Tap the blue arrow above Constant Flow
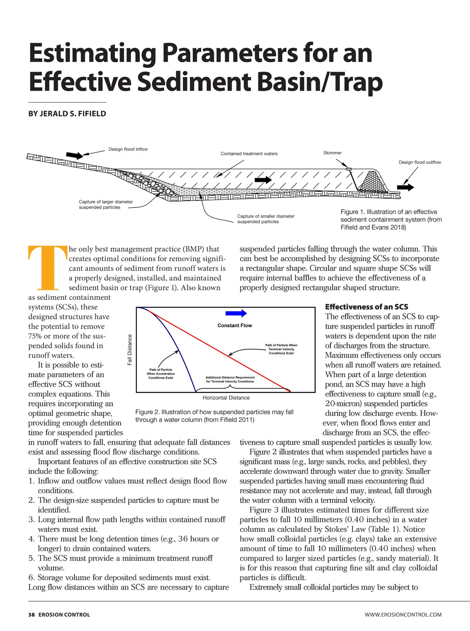(236, 313)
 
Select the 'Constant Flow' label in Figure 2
(235, 325)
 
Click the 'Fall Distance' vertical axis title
(130, 350)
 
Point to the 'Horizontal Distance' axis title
(226, 398)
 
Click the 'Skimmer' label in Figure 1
(332, 153)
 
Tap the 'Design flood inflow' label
(128, 149)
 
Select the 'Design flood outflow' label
(419, 162)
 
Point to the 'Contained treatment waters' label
(249, 153)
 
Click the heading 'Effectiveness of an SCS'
(367, 307)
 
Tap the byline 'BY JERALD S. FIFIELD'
(67, 114)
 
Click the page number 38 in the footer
(31, 615)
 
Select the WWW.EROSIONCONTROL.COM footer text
(403, 615)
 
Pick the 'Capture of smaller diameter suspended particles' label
(266, 219)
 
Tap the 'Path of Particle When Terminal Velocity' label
(281, 349)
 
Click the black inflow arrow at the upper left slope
(74, 155)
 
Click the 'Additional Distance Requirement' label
(230, 379)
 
